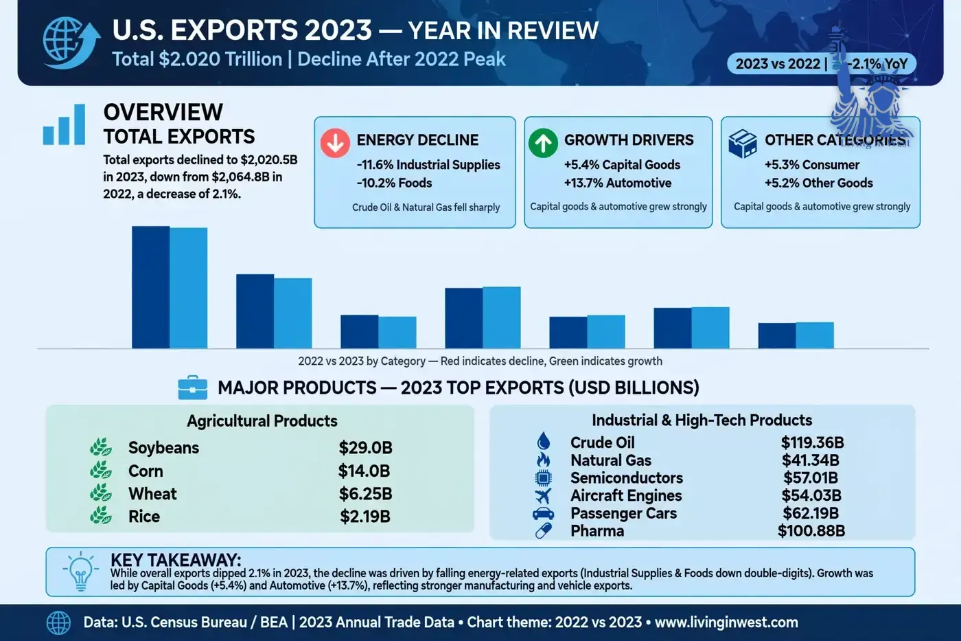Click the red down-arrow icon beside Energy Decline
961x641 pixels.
[x=335, y=143]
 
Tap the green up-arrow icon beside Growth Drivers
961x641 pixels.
[x=543, y=143]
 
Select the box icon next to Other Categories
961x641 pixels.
[x=742, y=144]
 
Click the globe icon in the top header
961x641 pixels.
[x=71, y=43]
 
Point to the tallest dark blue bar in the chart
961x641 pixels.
[x=150, y=287]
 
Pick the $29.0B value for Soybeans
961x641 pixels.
[x=365, y=448]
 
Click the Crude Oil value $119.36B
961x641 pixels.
[x=812, y=442]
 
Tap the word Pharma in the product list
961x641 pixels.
[x=597, y=531]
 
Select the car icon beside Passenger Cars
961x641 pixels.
[x=543, y=513]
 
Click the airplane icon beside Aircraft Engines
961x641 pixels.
[x=543, y=496]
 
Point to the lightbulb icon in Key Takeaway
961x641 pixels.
[x=81, y=572]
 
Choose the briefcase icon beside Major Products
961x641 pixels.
[x=193, y=387]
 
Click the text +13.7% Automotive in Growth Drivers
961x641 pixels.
[x=618, y=183]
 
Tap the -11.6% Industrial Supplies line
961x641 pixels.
[x=428, y=165]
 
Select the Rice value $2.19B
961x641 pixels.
[x=365, y=517]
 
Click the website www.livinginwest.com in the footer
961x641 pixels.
[x=726, y=622]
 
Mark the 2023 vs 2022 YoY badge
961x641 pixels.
[x=822, y=64]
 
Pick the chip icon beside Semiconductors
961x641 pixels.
[x=543, y=478]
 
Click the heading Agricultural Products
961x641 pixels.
[x=262, y=421]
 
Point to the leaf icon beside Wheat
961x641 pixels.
[x=101, y=493]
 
